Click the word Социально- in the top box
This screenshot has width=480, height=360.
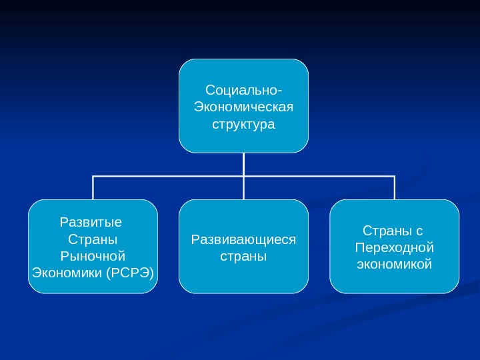[243, 89]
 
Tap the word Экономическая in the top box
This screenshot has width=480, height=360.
[243, 107]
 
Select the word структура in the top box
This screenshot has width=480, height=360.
[243, 125]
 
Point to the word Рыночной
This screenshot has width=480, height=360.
[93, 256]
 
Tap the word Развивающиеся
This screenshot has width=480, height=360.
[243, 239]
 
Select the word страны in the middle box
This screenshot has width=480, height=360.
[243, 256]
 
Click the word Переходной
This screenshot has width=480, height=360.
[395, 247]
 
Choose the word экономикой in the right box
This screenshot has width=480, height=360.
[395, 265]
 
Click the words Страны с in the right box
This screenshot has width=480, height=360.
[393, 231]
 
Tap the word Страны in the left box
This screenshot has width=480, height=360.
[93, 239]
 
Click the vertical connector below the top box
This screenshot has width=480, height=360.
[244, 164]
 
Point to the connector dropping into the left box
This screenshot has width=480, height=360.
[93, 188]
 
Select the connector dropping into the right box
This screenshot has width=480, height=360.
[395, 188]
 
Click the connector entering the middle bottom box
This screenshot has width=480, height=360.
[244, 189]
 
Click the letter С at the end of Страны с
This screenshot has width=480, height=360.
[419, 231]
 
